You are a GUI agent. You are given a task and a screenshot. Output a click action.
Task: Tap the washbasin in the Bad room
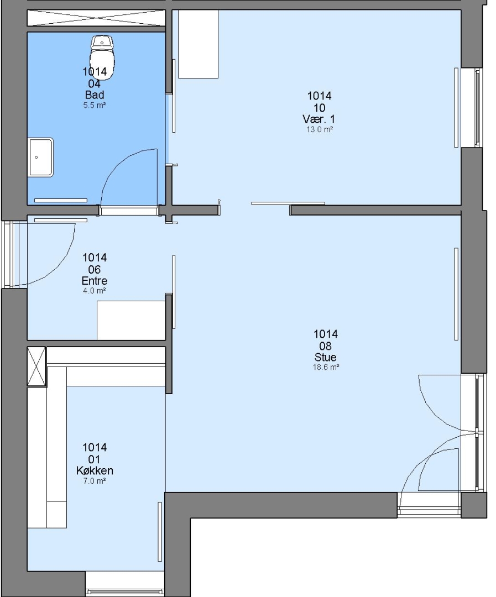(41, 157)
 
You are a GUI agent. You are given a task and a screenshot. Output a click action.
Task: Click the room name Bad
(95, 95)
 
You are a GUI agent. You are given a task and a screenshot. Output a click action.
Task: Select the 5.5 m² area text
(95, 105)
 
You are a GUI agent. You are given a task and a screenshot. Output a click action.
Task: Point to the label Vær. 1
(319, 119)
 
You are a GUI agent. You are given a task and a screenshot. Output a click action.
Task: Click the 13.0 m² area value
(320, 129)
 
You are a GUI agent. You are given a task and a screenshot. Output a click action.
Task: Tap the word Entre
(95, 281)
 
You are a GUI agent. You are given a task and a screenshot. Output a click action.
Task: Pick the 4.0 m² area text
(95, 291)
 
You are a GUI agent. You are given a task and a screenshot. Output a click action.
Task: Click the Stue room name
(325, 357)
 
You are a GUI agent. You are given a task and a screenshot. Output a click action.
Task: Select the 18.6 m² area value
(326, 368)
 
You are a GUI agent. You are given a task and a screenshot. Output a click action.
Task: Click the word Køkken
(95, 470)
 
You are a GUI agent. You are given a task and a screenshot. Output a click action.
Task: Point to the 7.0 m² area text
(95, 481)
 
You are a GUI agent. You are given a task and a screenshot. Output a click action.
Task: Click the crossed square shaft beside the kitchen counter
(36, 366)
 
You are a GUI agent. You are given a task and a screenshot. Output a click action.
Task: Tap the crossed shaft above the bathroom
(96, 18)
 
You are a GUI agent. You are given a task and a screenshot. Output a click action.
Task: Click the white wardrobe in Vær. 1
(198, 44)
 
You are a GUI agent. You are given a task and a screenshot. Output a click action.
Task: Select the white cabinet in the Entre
(131, 320)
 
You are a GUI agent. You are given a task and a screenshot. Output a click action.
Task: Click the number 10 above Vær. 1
(319, 108)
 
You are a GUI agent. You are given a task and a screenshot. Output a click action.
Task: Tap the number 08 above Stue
(325, 346)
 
